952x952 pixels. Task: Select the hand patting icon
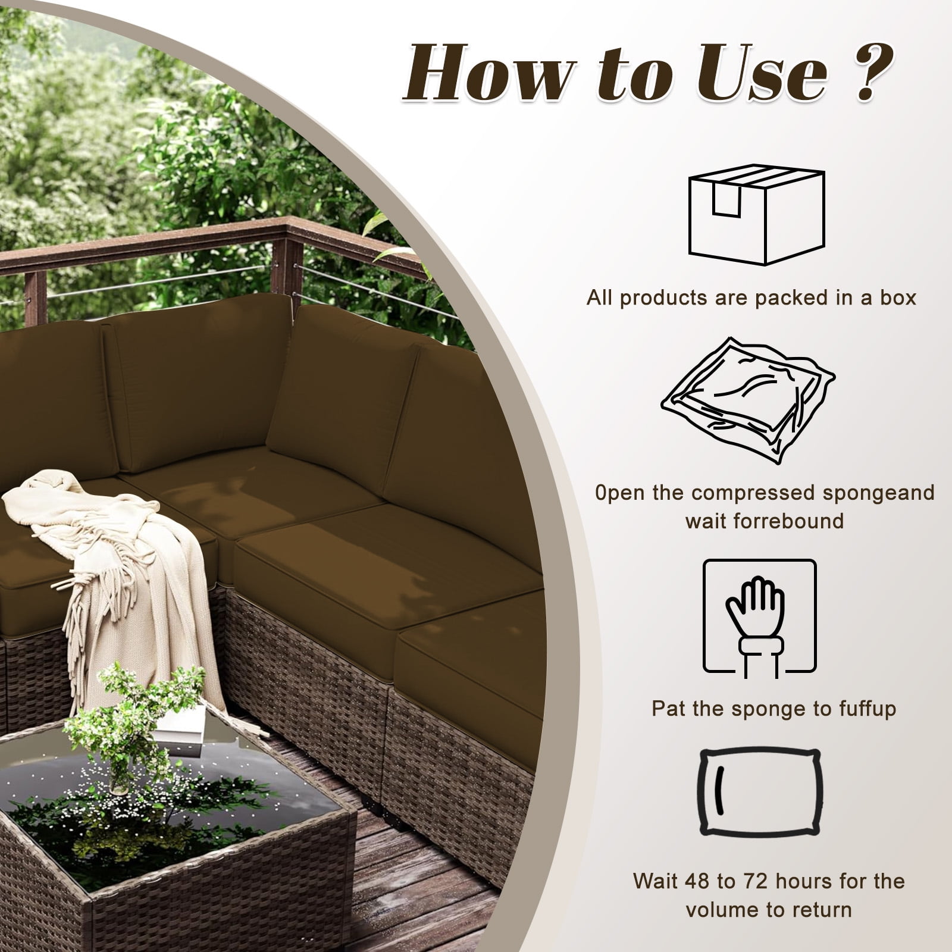(x=760, y=619)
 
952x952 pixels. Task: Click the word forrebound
(x=787, y=521)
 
